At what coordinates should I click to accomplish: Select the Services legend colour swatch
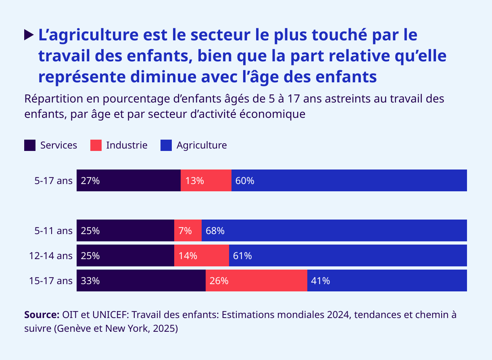tap(30, 145)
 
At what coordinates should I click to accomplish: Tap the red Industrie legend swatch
tap(96, 145)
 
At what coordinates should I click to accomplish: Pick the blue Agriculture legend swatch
tap(166, 145)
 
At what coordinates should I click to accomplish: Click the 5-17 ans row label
tap(53, 181)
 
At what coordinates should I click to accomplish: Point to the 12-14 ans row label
tap(50, 256)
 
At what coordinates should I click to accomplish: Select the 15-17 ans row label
tap(50, 281)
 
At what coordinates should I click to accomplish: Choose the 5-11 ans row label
tap(53, 231)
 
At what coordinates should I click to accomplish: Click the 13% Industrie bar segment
tap(206, 180)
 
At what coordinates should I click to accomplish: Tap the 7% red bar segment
tap(188, 230)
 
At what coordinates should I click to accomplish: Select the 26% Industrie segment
tap(256, 280)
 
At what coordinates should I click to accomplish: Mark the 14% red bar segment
tap(202, 255)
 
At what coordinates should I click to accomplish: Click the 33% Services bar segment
tap(141, 280)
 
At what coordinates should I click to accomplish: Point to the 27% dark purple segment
tap(129, 180)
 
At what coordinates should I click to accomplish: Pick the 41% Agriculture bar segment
tap(387, 280)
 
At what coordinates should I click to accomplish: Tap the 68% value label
tap(215, 231)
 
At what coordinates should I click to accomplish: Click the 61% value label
tap(242, 256)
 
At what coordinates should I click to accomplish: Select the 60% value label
tap(245, 181)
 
